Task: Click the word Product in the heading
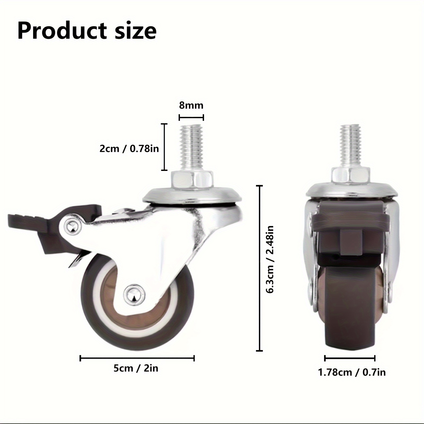[62, 31]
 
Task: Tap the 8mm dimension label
[191, 105]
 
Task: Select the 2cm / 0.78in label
[129, 148]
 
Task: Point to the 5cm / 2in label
[136, 368]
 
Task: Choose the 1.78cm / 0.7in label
[352, 372]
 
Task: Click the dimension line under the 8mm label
[191, 117]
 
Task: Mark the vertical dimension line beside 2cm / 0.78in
[165, 147]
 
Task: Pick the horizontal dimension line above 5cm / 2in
[137, 359]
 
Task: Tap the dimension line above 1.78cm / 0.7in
[350, 358]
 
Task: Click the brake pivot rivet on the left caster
[72, 227]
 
